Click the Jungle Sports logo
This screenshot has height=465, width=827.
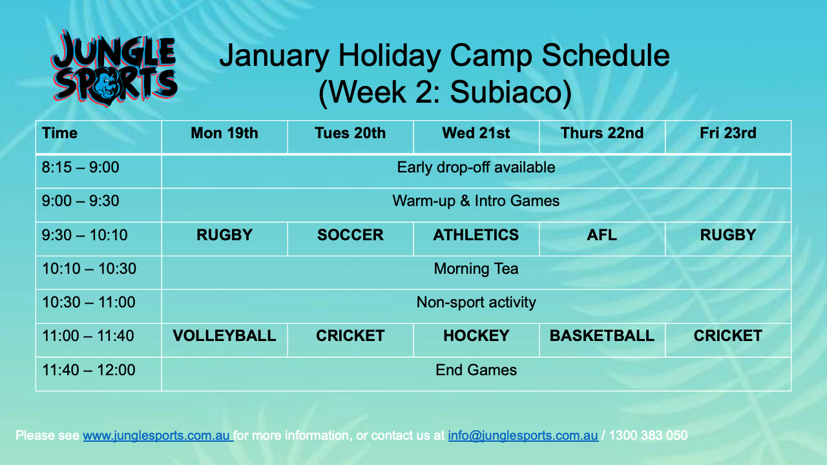[x=114, y=68]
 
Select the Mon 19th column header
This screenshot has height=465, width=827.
[x=224, y=133]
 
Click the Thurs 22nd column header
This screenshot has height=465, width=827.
[x=602, y=133]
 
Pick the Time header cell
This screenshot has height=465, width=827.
[x=60, y=133]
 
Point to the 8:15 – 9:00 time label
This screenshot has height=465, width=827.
[x=81, y=167]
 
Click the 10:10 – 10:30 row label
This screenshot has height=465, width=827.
[x=89, y=269]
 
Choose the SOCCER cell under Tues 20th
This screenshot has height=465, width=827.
[x=350, y=235]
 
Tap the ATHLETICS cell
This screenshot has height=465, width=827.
[x=476, y=235]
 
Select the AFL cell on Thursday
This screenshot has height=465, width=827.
[x=602, y=235]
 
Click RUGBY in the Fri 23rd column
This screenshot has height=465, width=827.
[x=728, y=235]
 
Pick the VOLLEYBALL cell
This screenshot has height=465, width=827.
[x=224, y=336]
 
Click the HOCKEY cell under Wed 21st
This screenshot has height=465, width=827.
[x=476, y=336]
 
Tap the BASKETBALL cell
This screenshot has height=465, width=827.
[x=602, y=336]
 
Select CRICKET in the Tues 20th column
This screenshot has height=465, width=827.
[x=350, y=336]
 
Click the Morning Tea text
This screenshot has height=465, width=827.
[x=476, y=269]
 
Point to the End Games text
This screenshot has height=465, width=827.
[x=476, y=370]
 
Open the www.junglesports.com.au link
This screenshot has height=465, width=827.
[x=158, y=435]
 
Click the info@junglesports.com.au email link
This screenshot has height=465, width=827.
[x=523, y=435]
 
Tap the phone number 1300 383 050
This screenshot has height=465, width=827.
[x=648, y=435]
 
